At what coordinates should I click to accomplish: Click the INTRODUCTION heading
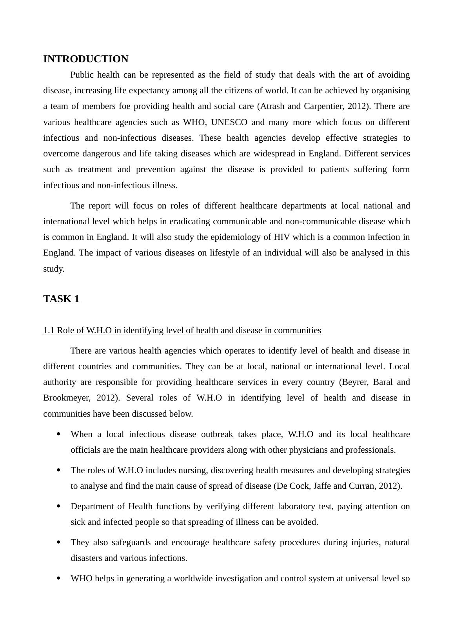pos(85,59)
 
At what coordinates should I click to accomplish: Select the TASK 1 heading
pos(61,299)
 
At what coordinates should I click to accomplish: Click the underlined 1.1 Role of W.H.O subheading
pos(182,330)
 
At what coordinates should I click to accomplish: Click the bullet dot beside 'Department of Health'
pos(59,506)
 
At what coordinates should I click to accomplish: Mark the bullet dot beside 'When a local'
pos(59,434)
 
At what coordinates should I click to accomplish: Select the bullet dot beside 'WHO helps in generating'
pos(59,578)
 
